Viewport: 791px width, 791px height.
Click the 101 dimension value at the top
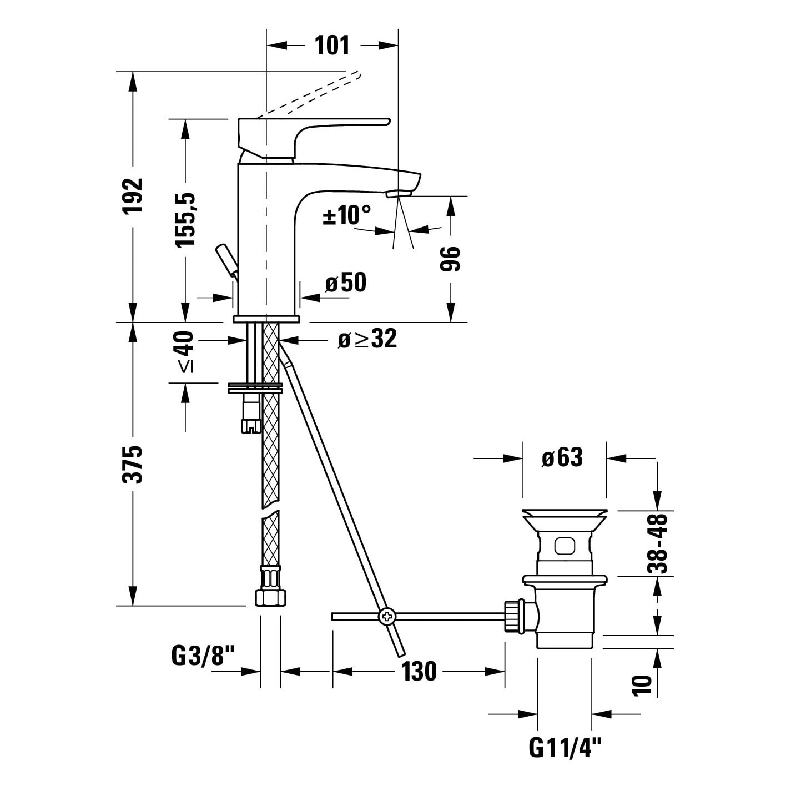(332, 45)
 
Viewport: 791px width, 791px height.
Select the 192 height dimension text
(133, 195)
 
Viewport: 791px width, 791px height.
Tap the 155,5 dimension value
(185, 220)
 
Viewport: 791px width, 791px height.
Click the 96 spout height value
(450, 259)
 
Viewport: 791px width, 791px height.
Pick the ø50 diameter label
(346, 283)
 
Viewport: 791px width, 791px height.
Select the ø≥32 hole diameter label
(367, 339)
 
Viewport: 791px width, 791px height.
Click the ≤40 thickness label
(185, 352)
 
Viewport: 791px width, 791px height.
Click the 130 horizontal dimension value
(419, 672)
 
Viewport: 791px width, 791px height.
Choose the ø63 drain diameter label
(562, 457)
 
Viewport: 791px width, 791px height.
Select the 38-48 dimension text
(657, 543)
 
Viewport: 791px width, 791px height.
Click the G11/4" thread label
(565, 748)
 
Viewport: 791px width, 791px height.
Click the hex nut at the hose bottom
(270, 598)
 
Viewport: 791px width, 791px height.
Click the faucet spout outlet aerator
(400, 193)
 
